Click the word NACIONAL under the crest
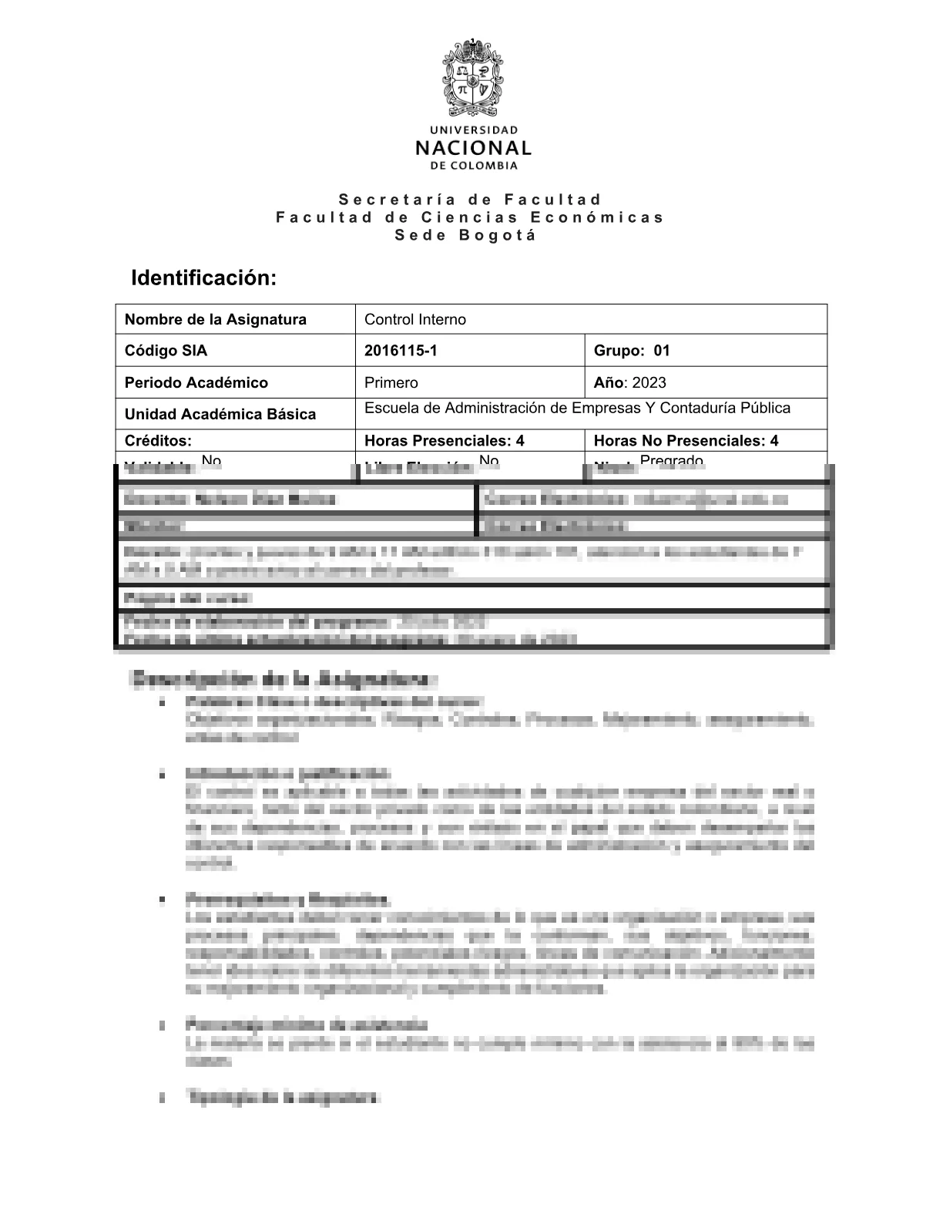[x=472, y=147]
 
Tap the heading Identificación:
[x=203, y=277]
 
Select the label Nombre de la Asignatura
[x=215, y=319]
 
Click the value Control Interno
[x=414, y=319]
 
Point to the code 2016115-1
[x=401, y=351]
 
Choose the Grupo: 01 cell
[x=632, y=351]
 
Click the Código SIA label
[x=166, y=351]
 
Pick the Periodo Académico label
[x=196, y=382]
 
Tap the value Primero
[x=391, y=382]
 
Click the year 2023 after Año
[x=649, y=382]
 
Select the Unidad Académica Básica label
[x=220, y=414]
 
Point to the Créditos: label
[x=158, y=440]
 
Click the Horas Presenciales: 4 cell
[x=444, y=440]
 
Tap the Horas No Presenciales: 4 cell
[x=686, y=440]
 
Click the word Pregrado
[x=671, y=461]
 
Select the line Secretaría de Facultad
[x=471, y=200]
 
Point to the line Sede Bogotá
[x=466, y=235]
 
